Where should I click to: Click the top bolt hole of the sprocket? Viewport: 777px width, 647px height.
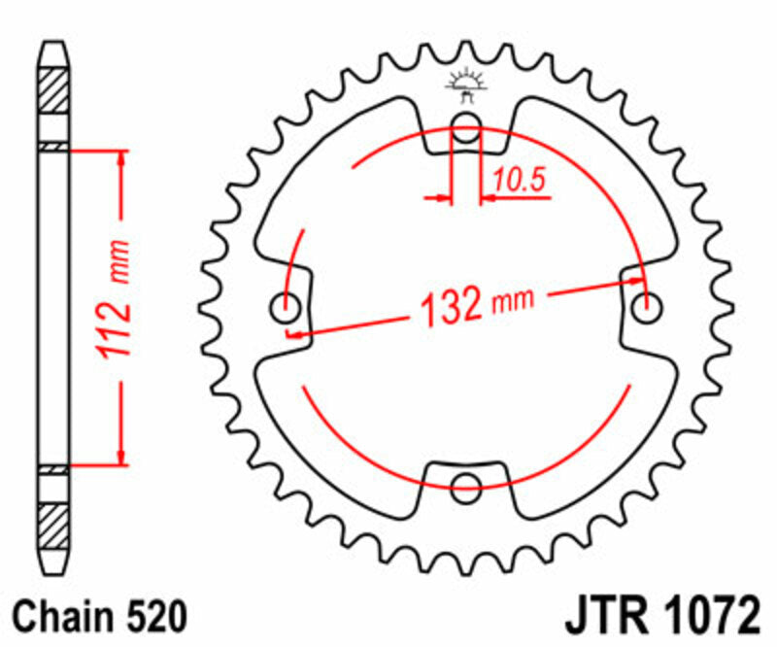click(466, 124)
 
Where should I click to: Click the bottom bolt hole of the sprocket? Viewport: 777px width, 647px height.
click(466, 486)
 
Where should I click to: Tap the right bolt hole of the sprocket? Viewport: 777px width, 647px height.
click(646, 307)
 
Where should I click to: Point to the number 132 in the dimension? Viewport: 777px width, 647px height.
click(451, 307)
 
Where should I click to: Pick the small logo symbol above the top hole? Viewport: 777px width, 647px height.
click(466, 85)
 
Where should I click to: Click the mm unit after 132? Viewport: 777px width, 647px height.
click(512, 300)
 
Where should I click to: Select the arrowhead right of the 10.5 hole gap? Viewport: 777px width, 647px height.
click(488, 198)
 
